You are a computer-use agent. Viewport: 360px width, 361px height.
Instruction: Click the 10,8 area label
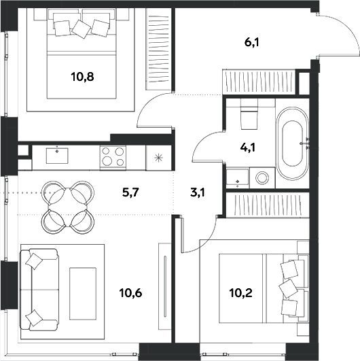83,77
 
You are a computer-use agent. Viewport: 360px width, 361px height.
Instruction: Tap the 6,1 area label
251,43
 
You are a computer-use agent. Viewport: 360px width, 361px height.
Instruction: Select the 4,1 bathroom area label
248,148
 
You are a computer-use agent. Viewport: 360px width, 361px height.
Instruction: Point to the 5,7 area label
130,192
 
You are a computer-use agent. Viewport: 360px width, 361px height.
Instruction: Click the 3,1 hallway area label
198,192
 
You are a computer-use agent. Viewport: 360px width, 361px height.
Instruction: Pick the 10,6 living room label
130,293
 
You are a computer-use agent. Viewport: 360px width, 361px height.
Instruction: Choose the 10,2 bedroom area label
241,293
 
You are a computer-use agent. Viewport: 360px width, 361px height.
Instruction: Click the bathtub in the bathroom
292,143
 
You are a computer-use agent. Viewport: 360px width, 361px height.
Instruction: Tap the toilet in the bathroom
249,114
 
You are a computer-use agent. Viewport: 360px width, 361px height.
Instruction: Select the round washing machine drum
262,177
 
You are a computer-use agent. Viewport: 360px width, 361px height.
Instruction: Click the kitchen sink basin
57,156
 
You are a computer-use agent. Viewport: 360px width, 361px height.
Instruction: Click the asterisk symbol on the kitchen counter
159,158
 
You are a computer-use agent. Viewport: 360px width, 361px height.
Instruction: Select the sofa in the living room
39,290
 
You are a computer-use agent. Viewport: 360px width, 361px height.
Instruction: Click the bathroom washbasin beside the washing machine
238,177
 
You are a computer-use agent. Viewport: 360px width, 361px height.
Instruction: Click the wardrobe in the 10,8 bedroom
158,49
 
